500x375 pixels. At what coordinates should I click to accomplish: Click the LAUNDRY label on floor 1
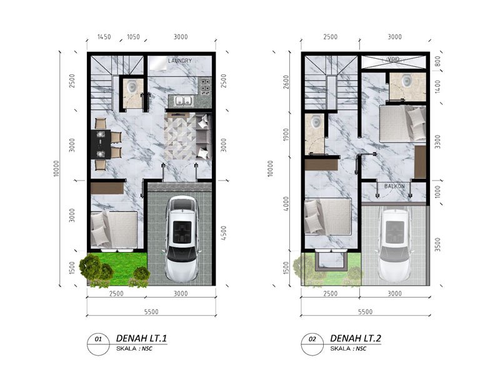tap(180, 61)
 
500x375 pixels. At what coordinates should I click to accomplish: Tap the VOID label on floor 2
tap(394, 59)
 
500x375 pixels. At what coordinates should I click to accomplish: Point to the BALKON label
tap(394, 186)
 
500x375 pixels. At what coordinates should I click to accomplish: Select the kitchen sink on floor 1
tap(183, 101)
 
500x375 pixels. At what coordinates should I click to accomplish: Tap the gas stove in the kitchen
tap(205, 86)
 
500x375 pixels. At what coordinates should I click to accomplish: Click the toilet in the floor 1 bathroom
tap(131, 86)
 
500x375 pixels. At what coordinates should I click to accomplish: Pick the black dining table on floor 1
tap(101, 144)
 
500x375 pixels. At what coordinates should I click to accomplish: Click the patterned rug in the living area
tap(180, 136)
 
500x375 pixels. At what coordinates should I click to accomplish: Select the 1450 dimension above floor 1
tap(104, 37)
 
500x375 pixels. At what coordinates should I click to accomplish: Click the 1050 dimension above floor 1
tap(133, 37)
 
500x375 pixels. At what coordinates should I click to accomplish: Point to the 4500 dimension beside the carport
tap(224, 233)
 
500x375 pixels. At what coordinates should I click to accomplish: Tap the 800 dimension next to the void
tap(437, 61)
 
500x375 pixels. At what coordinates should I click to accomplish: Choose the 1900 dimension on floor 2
tap(286, 135)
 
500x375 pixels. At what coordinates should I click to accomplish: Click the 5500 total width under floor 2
tap(365, 311)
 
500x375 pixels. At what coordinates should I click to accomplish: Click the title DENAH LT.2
tap(356, 338)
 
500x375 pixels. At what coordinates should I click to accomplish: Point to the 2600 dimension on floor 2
tap(286, 82)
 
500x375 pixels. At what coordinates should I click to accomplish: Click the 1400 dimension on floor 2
tap(437, 87)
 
